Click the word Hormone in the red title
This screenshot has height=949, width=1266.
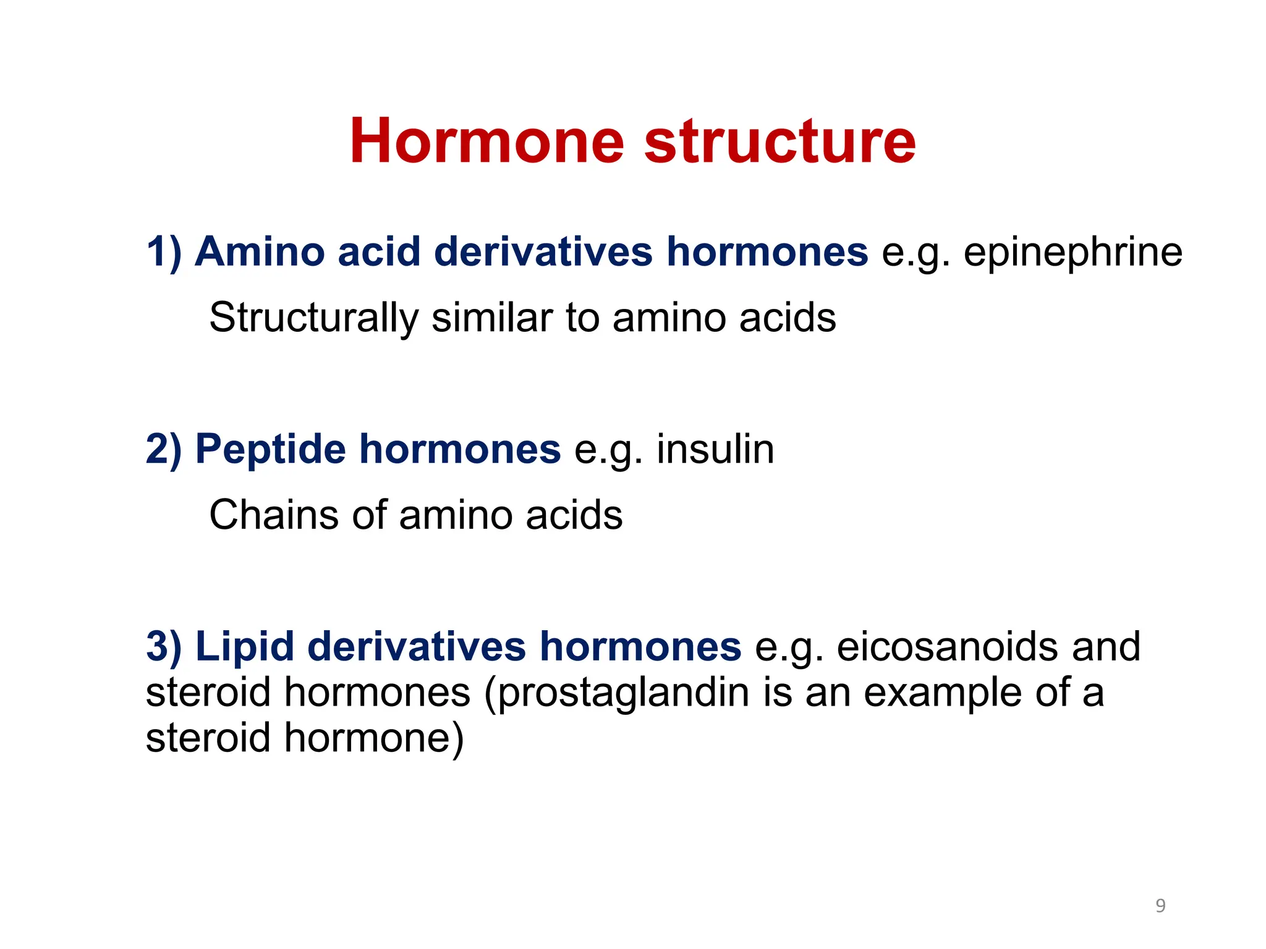[x=487, y=141]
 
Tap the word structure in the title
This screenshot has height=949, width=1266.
[x=780, y=141]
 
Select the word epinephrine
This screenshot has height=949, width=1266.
[x=1073, y=252]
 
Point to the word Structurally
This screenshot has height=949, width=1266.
[x=314, y=318]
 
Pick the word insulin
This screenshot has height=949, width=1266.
[x=715, y=449]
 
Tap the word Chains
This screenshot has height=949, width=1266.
[x=274, y=515]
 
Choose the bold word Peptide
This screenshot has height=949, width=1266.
[x=271, y=449]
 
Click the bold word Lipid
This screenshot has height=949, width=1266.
[x=245, y=647]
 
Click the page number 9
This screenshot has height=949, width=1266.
[x=1160, y=906]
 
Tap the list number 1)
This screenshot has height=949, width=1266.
[x=164, y=252]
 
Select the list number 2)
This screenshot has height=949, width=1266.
[x=164, y=449]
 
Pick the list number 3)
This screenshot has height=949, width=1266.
[x=164, y=647]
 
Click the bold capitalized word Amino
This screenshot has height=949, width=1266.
[x=260, y=252]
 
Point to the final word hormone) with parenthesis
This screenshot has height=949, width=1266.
[x=373, y=738]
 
